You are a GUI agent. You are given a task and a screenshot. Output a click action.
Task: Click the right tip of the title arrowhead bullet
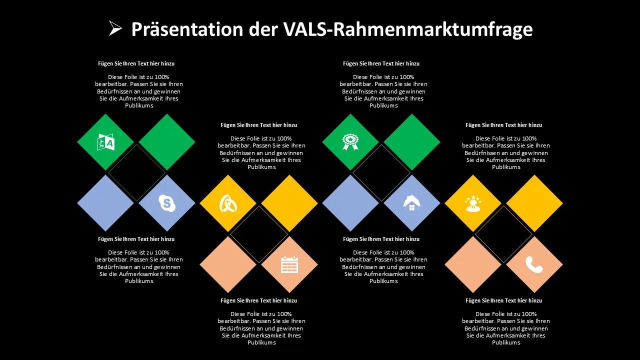122,28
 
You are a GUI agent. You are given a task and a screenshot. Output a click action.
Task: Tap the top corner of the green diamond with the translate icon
105,113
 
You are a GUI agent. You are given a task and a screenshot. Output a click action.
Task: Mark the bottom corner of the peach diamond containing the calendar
289,293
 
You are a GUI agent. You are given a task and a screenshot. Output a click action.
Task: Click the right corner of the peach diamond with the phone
563,264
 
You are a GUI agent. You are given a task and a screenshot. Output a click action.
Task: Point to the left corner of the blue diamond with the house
383,203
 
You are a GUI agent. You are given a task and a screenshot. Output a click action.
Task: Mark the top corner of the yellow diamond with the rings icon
228,174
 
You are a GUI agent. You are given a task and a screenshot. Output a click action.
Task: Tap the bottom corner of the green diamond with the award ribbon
350,170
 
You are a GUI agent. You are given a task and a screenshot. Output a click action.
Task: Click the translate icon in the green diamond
105,142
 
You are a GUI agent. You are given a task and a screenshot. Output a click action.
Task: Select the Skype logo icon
167,203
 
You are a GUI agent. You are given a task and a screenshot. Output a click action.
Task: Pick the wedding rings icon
228,203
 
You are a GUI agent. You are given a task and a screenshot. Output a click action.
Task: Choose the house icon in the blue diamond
411,203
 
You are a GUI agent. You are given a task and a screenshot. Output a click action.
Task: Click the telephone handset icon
534,264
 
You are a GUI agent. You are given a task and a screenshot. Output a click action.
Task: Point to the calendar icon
289,264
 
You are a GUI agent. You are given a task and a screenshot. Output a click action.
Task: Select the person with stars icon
473,203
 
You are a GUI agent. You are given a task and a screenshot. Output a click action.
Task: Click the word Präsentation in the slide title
187,29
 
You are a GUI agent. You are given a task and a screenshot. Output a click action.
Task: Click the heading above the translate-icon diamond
136,63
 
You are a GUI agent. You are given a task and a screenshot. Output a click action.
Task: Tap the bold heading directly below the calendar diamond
259,300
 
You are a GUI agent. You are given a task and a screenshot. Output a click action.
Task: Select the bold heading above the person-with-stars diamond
503,125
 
